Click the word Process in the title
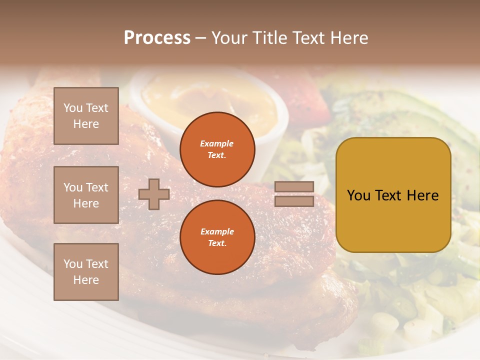[x=157, y=38]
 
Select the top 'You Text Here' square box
[x=86, y=116]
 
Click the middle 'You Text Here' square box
[x=86, y=195]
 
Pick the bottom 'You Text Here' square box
[x=86, y=272]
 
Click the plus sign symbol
[x=154, y=194]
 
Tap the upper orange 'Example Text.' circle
[x=217, y=149]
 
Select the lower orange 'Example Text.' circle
[x=217, y=237]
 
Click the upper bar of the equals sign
[x=294, y=186]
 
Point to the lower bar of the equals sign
[x=294, y=201]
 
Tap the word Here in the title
[x=347, y=38]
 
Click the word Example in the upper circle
[x=216, y=143]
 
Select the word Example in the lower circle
[x=217, y=231]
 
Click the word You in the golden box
[x=358, y=195]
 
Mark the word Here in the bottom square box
[x=86, y=280]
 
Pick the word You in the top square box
[x=73, y=108]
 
